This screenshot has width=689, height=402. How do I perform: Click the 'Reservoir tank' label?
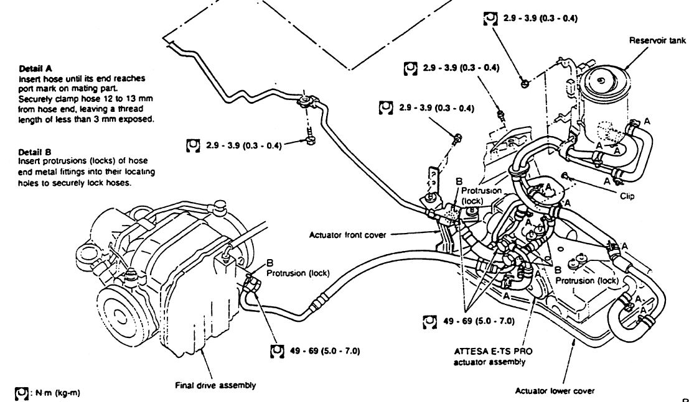point(657,41)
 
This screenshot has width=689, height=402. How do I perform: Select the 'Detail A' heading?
point(35,68)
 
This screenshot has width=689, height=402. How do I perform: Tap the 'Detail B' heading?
point(35,152)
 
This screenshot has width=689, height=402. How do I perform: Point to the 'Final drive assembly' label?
point(215,385)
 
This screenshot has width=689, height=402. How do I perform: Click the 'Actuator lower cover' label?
point(555,391)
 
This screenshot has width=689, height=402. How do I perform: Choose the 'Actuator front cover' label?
point(347,235)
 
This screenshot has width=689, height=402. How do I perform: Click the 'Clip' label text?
point(627,196)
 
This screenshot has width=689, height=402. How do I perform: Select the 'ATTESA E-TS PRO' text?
point(492,352)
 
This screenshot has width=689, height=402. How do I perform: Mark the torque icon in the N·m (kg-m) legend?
point(22,393)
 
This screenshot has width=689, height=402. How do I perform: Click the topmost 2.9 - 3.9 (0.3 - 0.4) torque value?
point(540,19)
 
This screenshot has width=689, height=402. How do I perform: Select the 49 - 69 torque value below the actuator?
point(479,321)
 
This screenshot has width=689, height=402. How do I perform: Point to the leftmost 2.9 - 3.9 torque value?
point(243,145)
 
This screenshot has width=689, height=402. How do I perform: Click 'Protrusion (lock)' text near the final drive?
point(298,273)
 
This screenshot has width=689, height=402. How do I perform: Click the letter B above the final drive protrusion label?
point(270,263)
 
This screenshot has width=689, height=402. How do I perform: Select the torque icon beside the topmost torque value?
point(490,19)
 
